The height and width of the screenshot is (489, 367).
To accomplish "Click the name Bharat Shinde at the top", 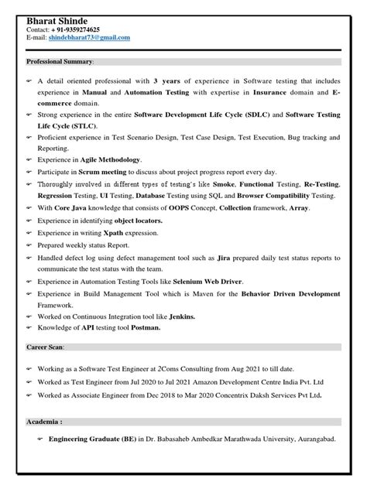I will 57,19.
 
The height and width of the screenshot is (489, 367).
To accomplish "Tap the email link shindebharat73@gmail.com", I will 89,37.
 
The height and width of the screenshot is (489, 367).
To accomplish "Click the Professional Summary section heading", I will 60,60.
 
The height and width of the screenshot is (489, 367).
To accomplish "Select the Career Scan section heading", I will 46,348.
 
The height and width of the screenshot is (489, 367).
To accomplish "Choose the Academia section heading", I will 44,422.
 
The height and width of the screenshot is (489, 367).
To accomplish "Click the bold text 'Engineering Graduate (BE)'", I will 91,439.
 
